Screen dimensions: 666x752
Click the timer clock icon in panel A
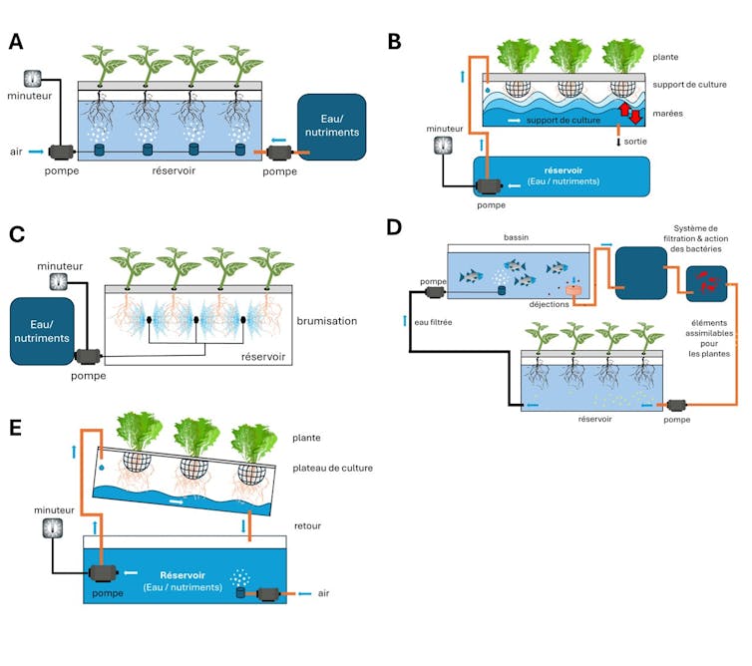pos(32,77)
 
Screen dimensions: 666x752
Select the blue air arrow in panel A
pos(36,152)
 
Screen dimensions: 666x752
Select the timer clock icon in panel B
pos(445,146)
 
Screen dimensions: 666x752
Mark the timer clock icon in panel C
pos(59,281)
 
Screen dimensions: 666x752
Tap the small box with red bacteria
pos(706,285)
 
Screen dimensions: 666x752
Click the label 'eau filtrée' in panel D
pos(440,320)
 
